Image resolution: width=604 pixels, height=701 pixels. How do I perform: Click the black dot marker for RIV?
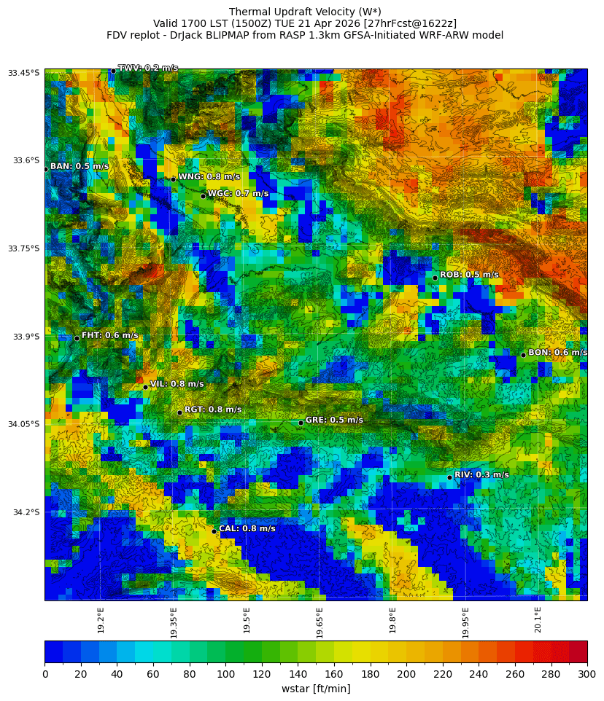[x=449, y=477]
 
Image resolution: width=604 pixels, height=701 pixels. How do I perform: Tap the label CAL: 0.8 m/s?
[x=247, y=529]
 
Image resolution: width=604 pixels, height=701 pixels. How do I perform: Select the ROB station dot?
[x=435, y=278]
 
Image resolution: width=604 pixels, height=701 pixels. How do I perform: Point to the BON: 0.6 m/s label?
[x=557, y=353]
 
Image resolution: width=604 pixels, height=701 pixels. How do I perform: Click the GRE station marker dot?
[x=301, y=423]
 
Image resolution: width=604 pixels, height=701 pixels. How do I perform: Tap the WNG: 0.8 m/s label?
[x=209, y=177]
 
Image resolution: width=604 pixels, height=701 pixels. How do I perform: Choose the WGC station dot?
[x=203, y=196]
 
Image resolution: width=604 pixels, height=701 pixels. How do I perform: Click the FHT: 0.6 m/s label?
[x=109, y=336]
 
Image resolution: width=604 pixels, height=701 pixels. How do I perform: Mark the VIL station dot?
[x=145, y=387]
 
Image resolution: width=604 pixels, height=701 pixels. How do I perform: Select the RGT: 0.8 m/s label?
[x=213, y=410]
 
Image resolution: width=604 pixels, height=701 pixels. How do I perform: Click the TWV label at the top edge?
[x=148, y=68]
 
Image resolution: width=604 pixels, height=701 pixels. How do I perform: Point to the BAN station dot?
[x=45, y=169]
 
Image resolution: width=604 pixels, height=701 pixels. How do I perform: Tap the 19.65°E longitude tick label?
[x=320, y=623]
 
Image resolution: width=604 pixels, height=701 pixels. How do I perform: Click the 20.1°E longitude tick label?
[x=538, y=620]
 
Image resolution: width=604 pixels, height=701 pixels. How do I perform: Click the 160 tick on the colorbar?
[x=334, y=675]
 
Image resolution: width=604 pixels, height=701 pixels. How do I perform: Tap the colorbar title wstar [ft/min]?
[x=316, y=689]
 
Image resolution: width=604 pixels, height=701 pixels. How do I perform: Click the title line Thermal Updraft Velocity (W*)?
[x=305, y=12]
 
